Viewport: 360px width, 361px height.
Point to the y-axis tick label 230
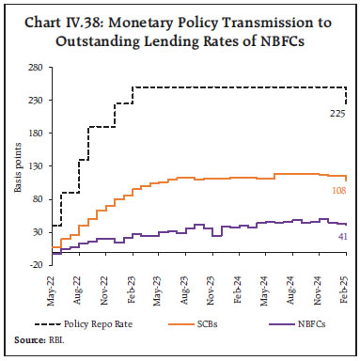point(34,101)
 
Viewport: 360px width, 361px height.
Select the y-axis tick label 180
point(34,133)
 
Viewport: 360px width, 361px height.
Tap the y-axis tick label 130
point(34,166)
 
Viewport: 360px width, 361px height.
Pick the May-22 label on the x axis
point(50,288)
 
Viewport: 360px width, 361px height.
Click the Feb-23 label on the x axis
point(133,288)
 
